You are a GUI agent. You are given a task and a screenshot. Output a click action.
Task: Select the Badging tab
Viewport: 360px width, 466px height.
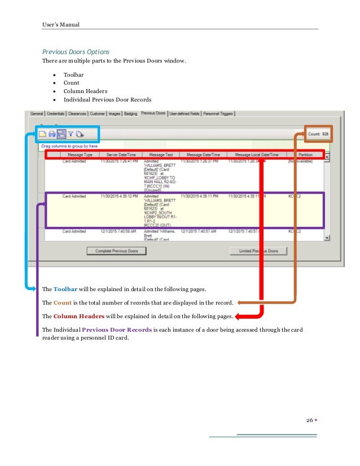(130, 113)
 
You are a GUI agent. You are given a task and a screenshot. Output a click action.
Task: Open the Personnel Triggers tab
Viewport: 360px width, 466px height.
(218, 113)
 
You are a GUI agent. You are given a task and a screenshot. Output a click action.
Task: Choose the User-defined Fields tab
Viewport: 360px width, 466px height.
(185, 113)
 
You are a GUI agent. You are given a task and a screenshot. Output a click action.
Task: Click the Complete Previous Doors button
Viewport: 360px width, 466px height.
(116, 250)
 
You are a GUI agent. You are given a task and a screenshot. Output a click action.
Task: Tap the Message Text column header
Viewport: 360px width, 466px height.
(161, 155)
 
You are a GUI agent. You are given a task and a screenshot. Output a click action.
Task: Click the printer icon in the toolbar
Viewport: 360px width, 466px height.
(52, 134)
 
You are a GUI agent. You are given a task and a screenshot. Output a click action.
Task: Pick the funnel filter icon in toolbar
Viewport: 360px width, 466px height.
(71, 134)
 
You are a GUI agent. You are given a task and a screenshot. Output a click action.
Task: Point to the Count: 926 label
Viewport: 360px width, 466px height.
(318, 134)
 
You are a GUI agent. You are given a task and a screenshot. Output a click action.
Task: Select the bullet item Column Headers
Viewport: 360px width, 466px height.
(85, 91)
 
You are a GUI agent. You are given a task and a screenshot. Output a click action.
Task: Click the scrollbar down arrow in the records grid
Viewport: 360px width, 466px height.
(327, 239)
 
